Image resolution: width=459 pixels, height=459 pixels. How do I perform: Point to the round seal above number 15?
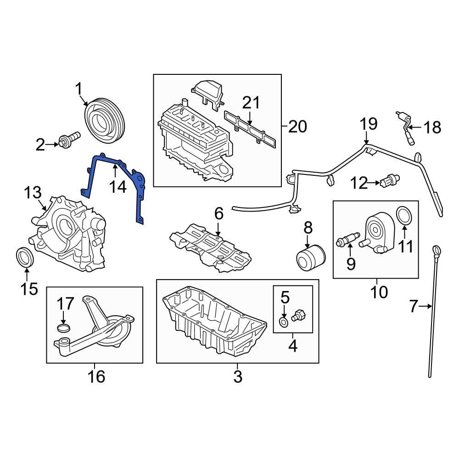[25, 257]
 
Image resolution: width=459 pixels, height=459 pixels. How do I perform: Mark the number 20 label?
[297, 126]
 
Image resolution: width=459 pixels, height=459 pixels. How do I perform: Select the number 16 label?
[96, 376]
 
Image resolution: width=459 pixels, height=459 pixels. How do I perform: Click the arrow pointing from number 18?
[415, 128]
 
